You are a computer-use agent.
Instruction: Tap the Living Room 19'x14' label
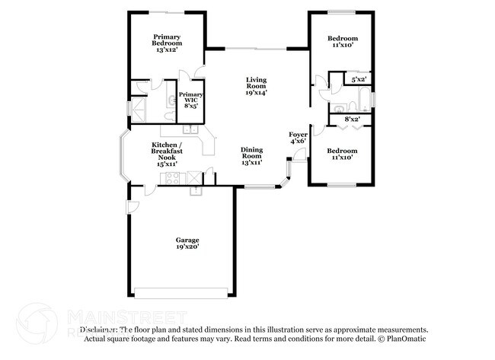tap(256, 86)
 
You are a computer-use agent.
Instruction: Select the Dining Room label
tap(252, 156)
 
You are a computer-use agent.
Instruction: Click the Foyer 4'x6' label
tap(298, 138)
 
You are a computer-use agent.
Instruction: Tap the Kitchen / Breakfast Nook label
tap(166, 154)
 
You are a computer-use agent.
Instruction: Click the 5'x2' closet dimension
tap(359, 79)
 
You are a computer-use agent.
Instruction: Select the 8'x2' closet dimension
tap(353, 119)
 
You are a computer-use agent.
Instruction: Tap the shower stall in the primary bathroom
tap(139, 107)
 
